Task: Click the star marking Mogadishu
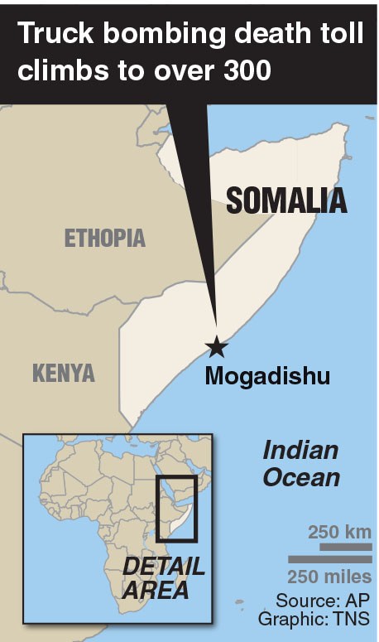pos(217,346)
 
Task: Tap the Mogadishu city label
pos(267,376)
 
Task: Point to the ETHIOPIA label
pos(105,239)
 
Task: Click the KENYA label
pos(64,373)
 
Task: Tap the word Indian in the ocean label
pos(300,451)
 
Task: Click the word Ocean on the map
pos(302,477)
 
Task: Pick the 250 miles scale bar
pos(329,561)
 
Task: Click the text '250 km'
pos(340,532)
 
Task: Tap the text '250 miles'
pos(329,577)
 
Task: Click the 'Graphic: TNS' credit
pos(314,619)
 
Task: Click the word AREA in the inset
pos(157,591)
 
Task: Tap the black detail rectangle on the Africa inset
pos(176,508)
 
